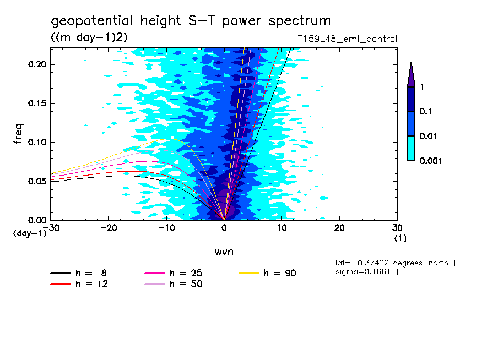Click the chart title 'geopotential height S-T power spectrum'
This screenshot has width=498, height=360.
[191, 21]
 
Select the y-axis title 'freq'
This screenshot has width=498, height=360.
[18, 134]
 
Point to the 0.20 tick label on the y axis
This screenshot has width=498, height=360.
[37, 64]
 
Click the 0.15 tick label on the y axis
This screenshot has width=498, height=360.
[37, 103]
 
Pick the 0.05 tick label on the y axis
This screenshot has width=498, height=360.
[37, 181]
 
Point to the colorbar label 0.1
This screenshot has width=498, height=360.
[425, 112]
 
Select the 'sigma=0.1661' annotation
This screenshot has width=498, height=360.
[363, 272]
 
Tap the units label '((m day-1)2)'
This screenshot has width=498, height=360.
[89, 37]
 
